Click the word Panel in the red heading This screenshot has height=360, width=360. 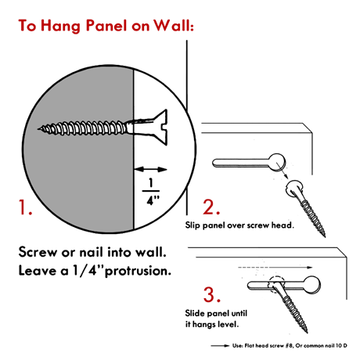point(106,26)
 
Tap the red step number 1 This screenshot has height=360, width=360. point(25,207)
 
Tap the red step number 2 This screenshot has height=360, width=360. point(211,207)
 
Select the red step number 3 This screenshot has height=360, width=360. point(212,294)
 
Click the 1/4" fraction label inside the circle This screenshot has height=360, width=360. point(151,192)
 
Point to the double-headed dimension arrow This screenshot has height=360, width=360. point(150,169)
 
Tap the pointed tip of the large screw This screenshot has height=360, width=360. point(38,128)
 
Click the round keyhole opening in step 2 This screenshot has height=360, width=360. point(277,162)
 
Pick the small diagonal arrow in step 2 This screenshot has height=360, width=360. point(283,171)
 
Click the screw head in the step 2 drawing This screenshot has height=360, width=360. point(295,188)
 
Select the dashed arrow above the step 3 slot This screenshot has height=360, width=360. point(275,267)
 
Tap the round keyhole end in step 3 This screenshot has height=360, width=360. point(311,285)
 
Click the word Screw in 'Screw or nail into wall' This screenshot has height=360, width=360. point(38,252)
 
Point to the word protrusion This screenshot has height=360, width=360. point(138,272)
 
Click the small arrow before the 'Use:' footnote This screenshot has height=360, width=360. point(220,346)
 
